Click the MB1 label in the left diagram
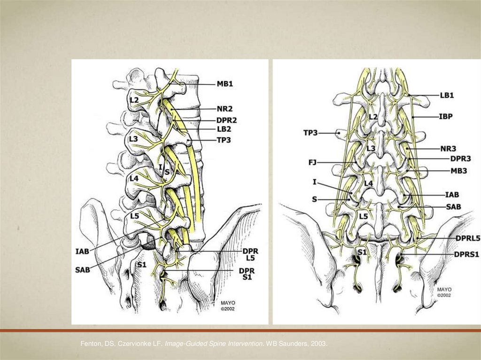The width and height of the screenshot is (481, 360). [x=225, y=84]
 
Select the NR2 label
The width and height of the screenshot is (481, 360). [x=225, y=109]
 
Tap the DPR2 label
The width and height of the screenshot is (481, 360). [x=227, y=120]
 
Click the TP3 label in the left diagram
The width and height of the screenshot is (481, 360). [x=225, y=139]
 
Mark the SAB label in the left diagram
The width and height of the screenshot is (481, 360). [x=83, y=270]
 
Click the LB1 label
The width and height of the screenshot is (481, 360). [x=447, y=95]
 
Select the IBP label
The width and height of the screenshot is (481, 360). [x=446, y=116]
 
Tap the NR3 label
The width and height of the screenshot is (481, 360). [x=449, y=149]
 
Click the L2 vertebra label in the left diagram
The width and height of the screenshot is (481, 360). [x=134, y=100]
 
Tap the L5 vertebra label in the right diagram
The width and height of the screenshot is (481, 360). [x=363, y=217]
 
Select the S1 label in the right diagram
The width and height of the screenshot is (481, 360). [x=361, y=253]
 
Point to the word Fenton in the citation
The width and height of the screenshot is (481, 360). [x=90, y=345]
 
